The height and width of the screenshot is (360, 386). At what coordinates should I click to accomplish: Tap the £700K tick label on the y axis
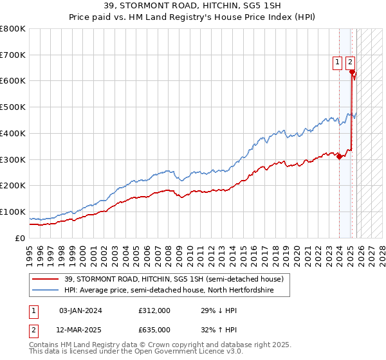pyautogui.click(x=13, y=55)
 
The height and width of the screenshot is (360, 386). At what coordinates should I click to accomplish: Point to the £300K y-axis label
pyautogui.click(x=13, y=159)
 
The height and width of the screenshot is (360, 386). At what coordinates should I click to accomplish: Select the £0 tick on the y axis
pyautogui.click(x=21, y=238)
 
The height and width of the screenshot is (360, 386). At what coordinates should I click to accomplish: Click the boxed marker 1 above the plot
pyautogui.click(x=338, y=62)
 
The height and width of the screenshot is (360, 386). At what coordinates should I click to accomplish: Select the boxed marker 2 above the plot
pyautogui.click(x=350, y=62)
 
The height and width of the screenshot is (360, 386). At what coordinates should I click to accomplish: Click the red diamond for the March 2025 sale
pyautogui.click(x=352, y=71)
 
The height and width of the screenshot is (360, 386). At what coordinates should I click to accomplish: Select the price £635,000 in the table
pyautogui.click(x=154, y=330)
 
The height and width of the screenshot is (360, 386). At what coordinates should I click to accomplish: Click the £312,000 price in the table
pyautogui.click(x=154, y=311)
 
